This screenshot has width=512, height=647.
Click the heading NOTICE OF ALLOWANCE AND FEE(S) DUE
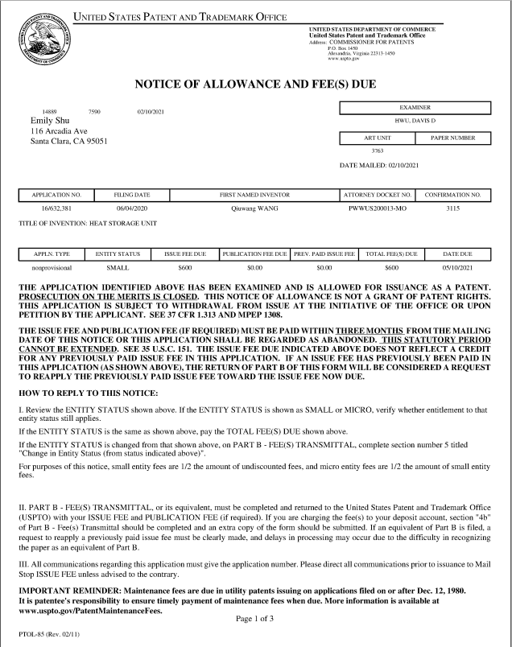(255, 84)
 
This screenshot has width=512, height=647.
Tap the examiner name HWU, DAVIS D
(415, 120)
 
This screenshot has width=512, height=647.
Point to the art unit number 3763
(377, 150)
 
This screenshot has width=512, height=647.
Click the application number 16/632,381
(56, 208)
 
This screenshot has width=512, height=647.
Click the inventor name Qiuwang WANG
(254, 208)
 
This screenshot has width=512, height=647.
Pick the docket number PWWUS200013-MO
(378, 208)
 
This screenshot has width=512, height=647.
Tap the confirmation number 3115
(452, 208)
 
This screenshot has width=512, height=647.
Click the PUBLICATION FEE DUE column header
(254, 253)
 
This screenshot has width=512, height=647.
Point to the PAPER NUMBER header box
(452, 138)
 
